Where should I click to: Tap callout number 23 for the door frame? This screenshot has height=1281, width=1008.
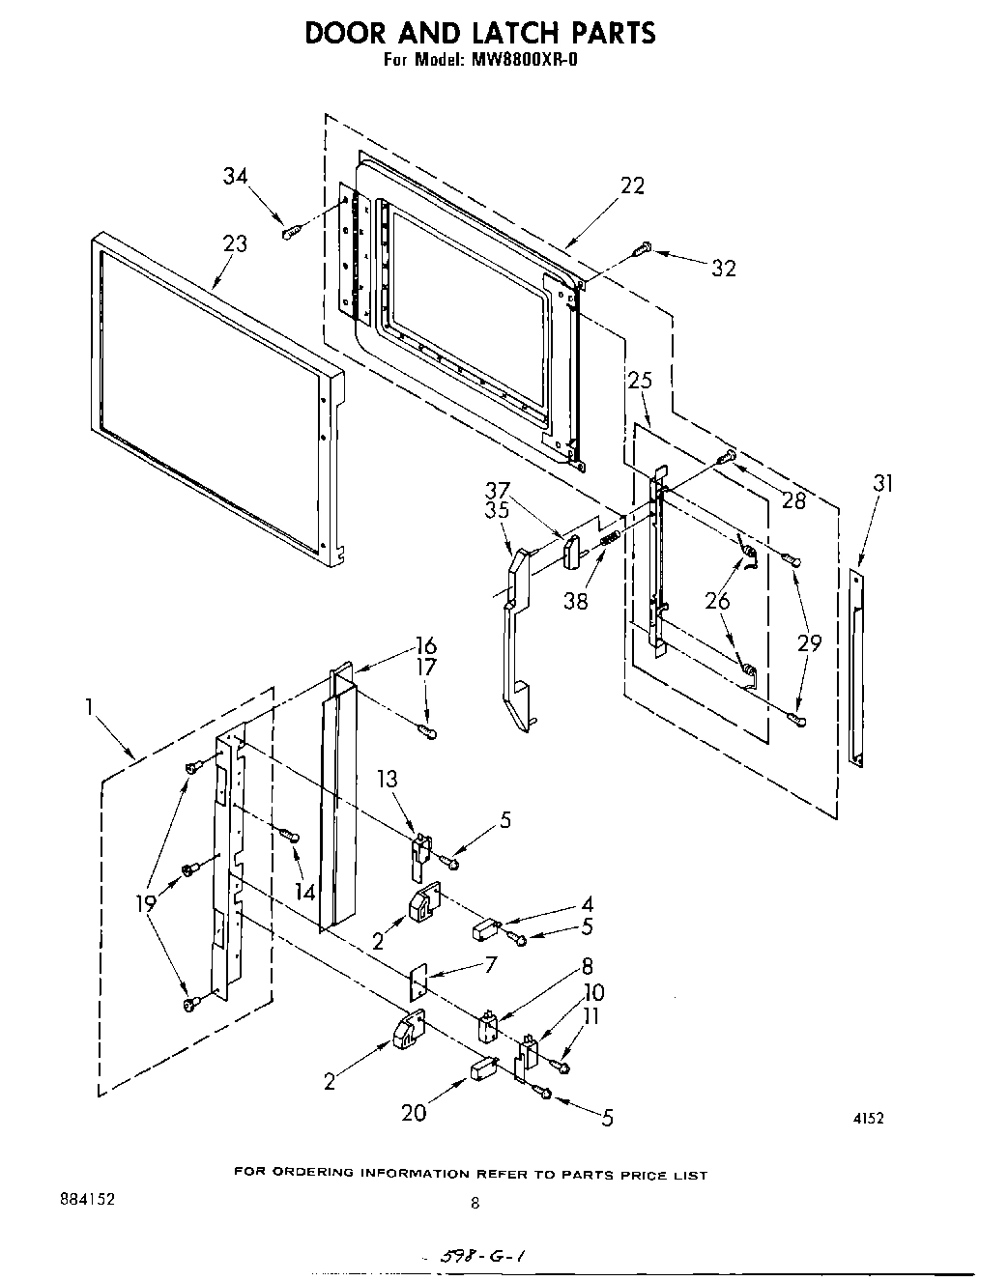(x=235, y=243)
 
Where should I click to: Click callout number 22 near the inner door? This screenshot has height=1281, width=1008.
(x=632, y=185)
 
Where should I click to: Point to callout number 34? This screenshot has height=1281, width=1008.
(x=235, y=176)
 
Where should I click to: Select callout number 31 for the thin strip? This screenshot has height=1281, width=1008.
(x=883, y=483)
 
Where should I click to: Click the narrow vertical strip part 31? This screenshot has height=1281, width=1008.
(x=856, y=667)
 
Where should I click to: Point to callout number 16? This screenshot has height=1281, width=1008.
(x=425, y=645)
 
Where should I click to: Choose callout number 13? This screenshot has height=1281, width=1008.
(x=388, y=779)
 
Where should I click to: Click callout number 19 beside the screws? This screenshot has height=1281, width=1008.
(x=147, y=904)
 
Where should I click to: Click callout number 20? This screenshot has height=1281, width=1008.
(x=414, y=1113)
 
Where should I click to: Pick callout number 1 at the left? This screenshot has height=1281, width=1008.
(x=89, y=707)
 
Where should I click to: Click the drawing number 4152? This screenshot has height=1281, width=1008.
(x=868, y=1119)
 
